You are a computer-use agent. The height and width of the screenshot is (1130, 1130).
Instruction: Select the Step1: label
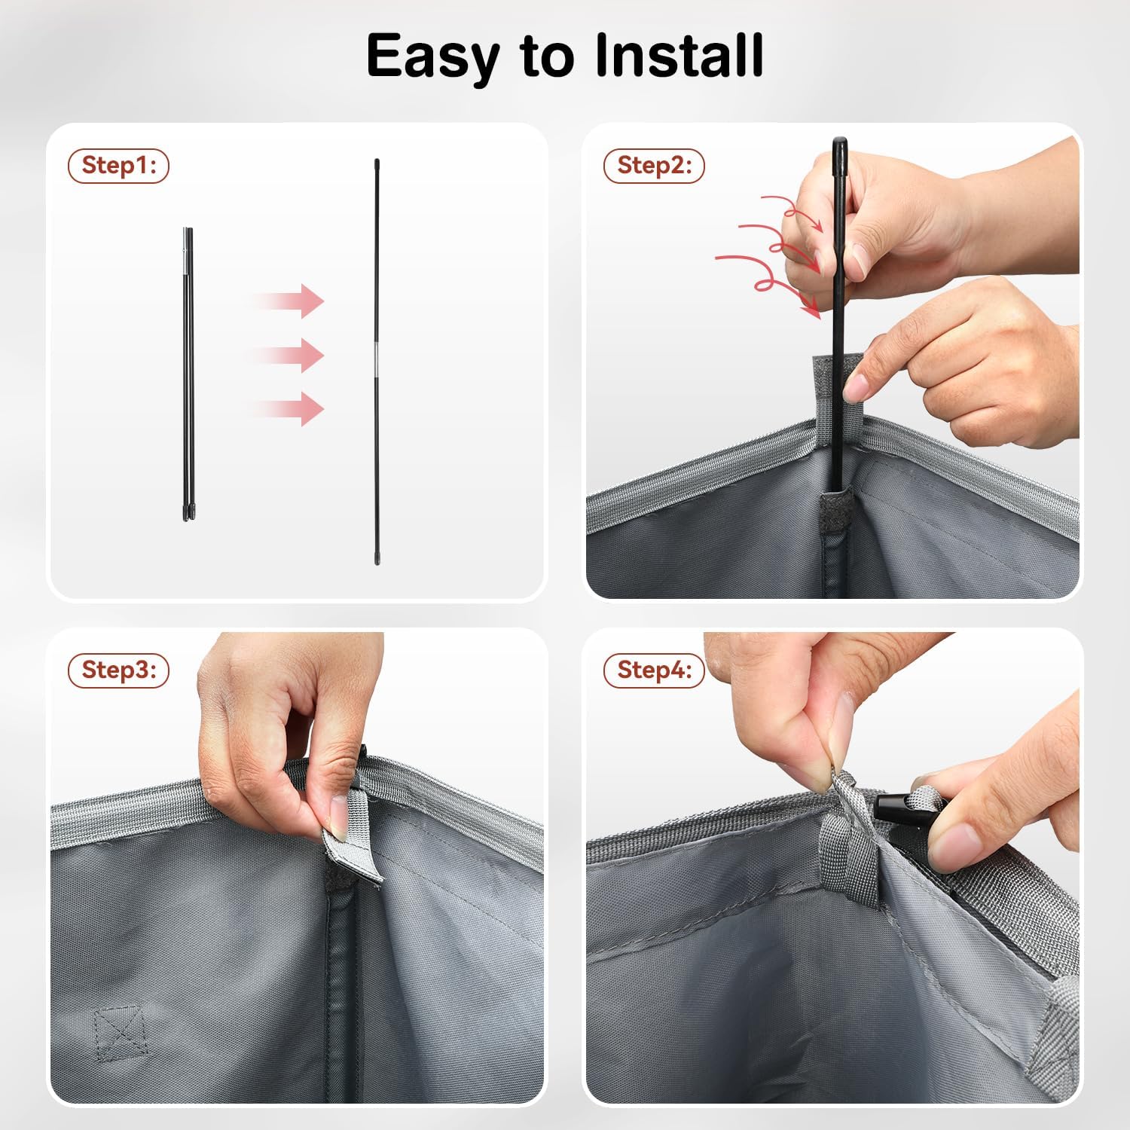point(119,166)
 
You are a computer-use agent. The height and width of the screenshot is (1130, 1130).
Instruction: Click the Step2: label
point(654,166)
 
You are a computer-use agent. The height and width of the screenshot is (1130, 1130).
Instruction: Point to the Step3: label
point(119,670)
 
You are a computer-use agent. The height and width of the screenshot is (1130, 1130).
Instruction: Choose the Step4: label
point(654,670)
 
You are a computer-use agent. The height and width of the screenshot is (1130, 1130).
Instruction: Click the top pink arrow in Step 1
point(286,301)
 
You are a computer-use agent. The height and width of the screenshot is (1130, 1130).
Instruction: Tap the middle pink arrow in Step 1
point(286,355)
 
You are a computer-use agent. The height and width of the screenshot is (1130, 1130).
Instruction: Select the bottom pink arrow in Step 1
point(286,408)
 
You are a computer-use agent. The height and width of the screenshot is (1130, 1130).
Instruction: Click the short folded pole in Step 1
point(188,374)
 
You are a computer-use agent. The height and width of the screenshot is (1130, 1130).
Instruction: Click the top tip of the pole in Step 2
point(838,139)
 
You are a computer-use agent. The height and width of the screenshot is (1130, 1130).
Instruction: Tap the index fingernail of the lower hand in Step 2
point(857,388)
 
